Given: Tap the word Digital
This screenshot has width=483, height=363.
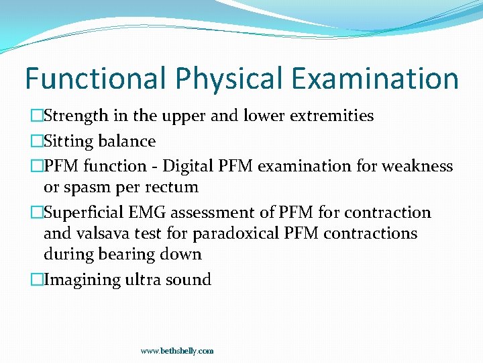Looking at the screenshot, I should [195, 166].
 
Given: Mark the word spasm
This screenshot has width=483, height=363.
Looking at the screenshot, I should [87, 187].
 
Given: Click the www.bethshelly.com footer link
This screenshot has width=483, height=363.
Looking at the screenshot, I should [177, 351].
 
